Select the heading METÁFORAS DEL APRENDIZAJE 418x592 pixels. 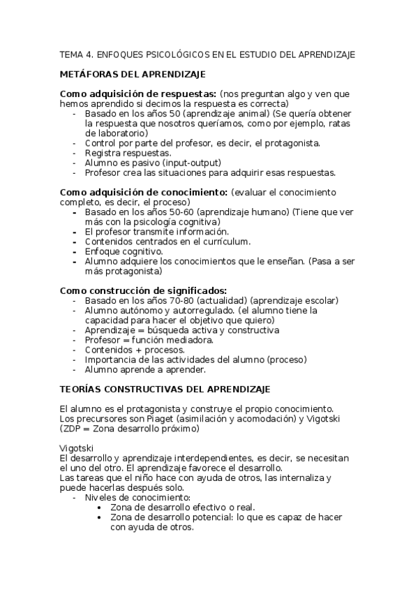(133, 74)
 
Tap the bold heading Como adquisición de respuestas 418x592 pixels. (137, 94)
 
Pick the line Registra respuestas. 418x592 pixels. (128, 152)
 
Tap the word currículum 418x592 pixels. (221, 241)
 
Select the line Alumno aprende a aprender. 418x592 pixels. (144, 369)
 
